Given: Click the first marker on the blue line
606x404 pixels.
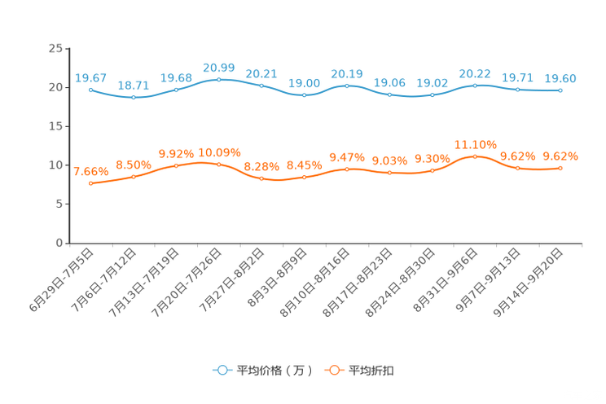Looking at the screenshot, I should coord(90,89).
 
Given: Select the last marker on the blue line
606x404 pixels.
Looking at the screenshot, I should coord(560,90).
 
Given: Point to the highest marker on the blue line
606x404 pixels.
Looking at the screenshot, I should coord(218,79).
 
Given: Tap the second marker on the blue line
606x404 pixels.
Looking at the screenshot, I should coord(133,97).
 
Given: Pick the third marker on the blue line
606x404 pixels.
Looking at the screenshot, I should coord(177,88).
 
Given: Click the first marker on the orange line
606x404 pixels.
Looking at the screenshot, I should coord(90,183).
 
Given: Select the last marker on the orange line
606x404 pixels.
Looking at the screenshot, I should coord(560,168).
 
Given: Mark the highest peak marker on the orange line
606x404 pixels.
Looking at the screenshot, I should coord(475,156).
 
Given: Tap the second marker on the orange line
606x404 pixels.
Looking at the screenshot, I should coord(133,176).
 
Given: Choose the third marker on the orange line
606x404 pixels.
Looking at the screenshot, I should coord(177,165).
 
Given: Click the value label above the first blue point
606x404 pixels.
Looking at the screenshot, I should coord(90,77).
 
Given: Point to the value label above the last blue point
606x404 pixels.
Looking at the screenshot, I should coord(560,78).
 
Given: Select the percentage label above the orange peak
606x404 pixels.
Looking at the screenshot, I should coord(475,144).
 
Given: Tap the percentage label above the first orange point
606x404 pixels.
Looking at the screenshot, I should coord(90,171).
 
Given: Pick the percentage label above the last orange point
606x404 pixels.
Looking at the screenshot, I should coord(560,156).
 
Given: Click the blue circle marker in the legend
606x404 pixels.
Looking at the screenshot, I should coord(222,370).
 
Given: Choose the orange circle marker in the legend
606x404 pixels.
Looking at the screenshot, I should coord(334,370).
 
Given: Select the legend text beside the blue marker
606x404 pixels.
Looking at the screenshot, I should coord(274,371).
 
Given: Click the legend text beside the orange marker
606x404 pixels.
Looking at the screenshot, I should coord(371,371).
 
